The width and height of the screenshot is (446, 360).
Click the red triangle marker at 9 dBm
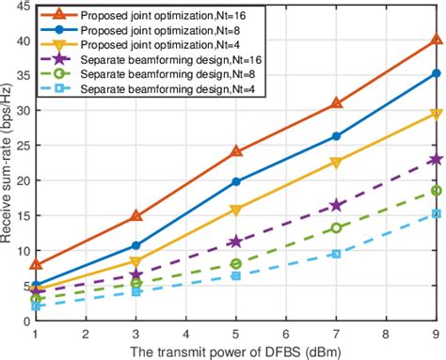[436, 40]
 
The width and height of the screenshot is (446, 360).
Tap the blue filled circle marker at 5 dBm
[236, 181]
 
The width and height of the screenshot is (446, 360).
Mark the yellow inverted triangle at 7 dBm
[336, 163]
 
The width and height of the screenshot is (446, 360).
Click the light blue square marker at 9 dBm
[436, 213]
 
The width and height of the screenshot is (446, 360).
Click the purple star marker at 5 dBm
[236, 242]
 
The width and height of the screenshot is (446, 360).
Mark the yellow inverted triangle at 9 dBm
[436, 115]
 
